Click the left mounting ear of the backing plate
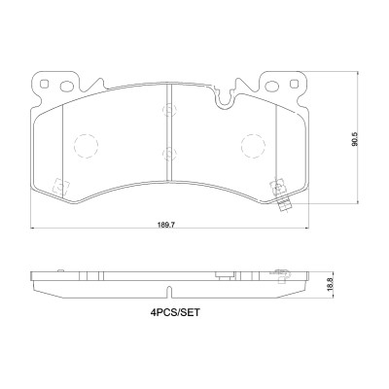(x=40, y=86)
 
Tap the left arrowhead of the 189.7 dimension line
(x=35, y=229)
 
